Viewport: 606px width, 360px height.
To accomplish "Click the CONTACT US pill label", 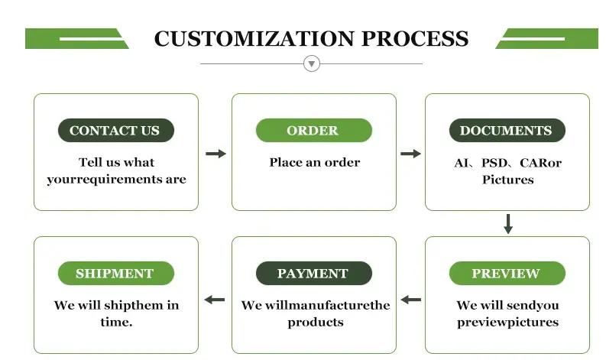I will (x=115, y=131).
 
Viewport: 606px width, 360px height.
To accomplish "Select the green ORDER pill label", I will (x=313, y=131).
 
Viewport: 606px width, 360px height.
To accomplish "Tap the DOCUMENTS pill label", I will (x=507, y=131).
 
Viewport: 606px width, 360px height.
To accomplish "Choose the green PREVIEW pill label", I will (x=507, y=274).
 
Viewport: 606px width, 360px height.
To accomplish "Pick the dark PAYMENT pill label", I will (x=313, y=274).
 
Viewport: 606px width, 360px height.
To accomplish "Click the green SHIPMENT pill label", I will (x=115, y=274).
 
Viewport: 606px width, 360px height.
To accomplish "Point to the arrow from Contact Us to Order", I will (x=216, y=154).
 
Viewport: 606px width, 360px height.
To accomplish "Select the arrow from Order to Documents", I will (x=410, y=154).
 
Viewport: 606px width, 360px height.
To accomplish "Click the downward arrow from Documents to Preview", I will (x=508, y=224).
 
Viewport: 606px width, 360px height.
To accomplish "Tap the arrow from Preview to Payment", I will (x=410, y=300).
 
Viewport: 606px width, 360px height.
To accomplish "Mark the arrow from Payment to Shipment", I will (x=215, y=300).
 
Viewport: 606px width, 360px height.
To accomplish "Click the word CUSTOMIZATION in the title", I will (x=254, y=39).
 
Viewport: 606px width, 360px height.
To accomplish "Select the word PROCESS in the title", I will (x=415, y=39).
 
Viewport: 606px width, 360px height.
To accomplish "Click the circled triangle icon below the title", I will (x=311, y=63).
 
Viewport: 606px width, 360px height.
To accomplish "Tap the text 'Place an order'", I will (x=314, y=162).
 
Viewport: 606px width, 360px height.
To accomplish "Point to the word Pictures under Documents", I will (x=507, y=180).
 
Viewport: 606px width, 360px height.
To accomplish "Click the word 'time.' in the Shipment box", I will (x=116, y=323).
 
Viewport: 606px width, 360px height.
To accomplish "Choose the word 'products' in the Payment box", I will (x=315, y=323).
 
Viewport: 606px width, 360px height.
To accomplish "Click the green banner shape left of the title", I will (x=76, y=38).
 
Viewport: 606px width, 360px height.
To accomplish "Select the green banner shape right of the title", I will (x=546, y=38).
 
